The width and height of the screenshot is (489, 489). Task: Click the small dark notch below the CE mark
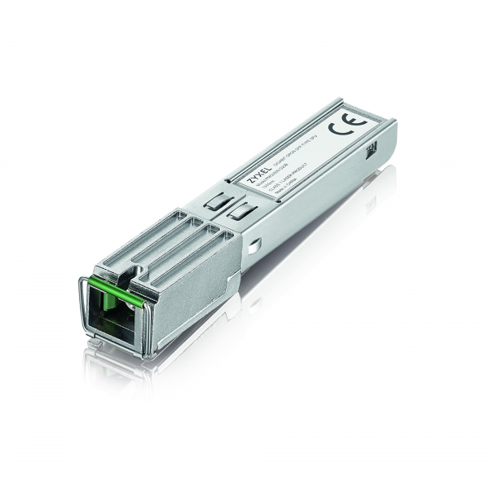point(372,149)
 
